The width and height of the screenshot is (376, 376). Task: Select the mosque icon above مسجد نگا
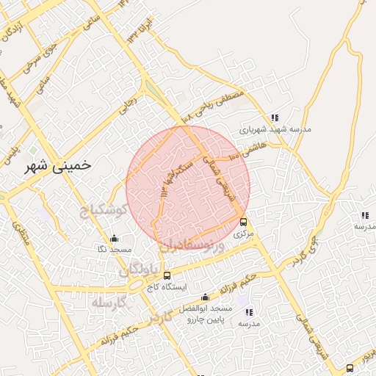114,238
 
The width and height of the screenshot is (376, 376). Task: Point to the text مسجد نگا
115,250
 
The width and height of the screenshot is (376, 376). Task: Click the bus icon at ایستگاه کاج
167,275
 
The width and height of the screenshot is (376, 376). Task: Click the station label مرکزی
243,234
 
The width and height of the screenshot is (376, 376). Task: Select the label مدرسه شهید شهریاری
275,129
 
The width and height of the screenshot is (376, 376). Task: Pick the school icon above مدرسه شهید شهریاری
275,117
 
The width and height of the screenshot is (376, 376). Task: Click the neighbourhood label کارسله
109,302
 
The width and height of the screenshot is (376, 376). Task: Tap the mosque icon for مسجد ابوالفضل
205,297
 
